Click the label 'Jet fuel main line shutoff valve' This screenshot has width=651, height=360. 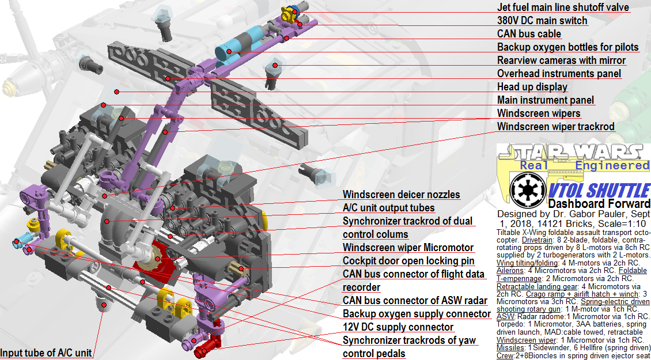(563, 7)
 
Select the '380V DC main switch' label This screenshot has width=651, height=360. (542, 21)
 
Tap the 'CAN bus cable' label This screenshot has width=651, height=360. (529, 34)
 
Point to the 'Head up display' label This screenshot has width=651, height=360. (532, 87)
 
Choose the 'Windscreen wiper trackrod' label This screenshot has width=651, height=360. (555, 127)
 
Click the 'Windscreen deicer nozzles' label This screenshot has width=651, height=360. (402, 195)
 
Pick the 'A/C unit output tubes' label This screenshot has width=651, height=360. (389, 208)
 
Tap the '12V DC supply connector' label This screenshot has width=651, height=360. (398, 327)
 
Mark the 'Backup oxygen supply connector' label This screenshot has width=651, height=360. (417, 314)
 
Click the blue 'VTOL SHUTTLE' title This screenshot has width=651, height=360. (599, 190)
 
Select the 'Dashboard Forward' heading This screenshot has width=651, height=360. (599, 203)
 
